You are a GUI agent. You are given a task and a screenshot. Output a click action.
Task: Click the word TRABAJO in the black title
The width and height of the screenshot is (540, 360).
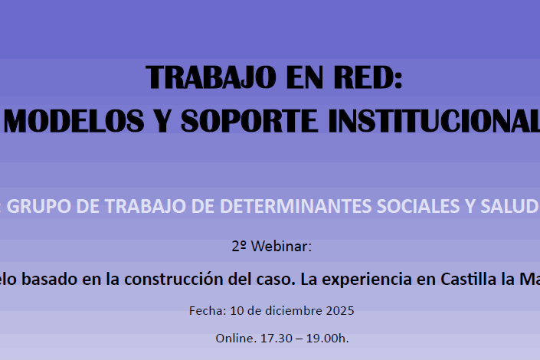point(211,78)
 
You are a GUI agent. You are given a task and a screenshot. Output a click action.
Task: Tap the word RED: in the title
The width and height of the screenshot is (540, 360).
point(368,78)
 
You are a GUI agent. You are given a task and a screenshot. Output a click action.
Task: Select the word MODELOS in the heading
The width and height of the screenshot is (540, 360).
point(74,120)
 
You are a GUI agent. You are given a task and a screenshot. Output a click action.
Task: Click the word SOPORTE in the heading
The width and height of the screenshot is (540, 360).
point(250,120)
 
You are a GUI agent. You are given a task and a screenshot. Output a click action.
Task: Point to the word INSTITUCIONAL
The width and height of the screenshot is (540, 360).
point(434,120)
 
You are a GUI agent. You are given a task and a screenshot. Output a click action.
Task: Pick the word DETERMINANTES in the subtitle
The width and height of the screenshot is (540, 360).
point(296,206)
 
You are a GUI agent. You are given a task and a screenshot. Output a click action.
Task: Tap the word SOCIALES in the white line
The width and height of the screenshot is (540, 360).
point(418,206)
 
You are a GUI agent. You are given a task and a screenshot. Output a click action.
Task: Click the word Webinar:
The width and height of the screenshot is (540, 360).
point(281,247)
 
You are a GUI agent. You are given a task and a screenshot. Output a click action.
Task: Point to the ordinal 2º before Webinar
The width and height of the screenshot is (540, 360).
point(239,247)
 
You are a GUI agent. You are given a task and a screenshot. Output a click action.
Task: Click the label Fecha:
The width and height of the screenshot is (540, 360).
point(208,311)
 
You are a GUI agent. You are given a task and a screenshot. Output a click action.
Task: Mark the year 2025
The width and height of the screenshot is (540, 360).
point(340,311)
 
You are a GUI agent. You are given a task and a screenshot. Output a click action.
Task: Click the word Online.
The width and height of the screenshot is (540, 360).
point(236,339)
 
